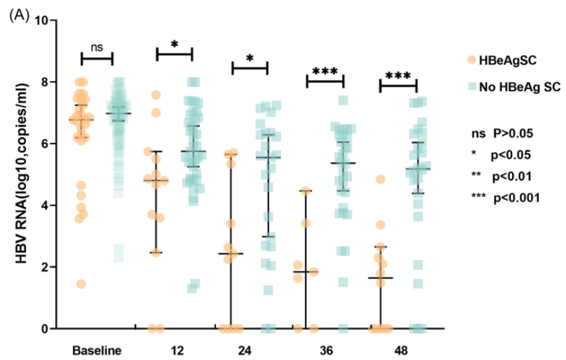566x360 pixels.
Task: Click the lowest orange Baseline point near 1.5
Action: tap(81, 284)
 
